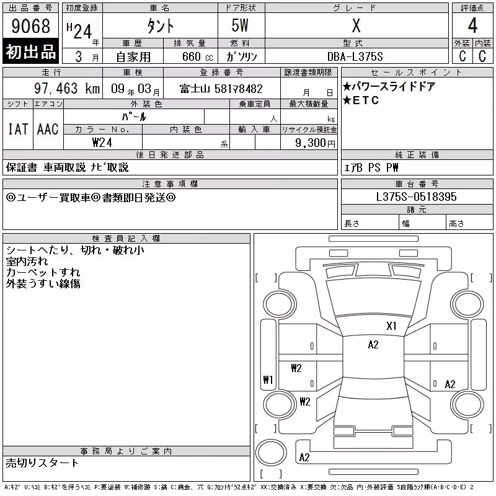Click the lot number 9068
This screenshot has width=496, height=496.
30,25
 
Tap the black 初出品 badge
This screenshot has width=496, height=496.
30,51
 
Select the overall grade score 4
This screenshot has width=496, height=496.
472,25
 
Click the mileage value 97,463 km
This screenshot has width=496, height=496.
67,88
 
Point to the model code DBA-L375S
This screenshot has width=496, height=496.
355,56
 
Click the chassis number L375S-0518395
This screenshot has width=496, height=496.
416,197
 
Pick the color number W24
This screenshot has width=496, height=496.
102,143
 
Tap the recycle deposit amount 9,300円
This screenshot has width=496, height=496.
315,143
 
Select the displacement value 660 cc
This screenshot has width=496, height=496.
197,56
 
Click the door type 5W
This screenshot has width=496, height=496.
240,25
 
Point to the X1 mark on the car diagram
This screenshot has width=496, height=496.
391,326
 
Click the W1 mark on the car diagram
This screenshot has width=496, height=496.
268,379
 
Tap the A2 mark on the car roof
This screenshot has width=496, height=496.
373,345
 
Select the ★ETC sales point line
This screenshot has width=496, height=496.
361,100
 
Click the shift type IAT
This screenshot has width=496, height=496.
18,129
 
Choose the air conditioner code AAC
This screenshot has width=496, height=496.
48,129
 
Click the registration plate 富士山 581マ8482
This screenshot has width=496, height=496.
221,89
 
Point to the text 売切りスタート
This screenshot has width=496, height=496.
42,463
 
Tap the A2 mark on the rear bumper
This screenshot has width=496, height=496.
304,458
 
